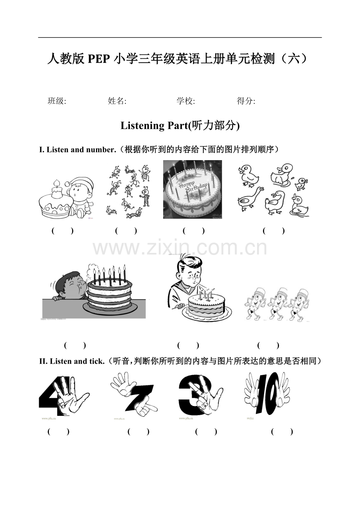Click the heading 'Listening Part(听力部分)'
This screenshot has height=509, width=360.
pos(180,126)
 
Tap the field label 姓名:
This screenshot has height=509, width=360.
pos(117,101)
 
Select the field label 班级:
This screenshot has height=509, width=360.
pos(57,101)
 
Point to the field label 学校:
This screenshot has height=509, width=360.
pos(186,101)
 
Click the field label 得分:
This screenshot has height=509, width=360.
pos(246,101)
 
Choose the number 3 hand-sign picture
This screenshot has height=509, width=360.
pos(200,395)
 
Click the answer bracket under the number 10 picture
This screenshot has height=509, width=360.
pos(282,432)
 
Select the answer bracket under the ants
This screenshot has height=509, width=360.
pos(126,231)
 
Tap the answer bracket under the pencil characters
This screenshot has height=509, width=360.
pos(268,345)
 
